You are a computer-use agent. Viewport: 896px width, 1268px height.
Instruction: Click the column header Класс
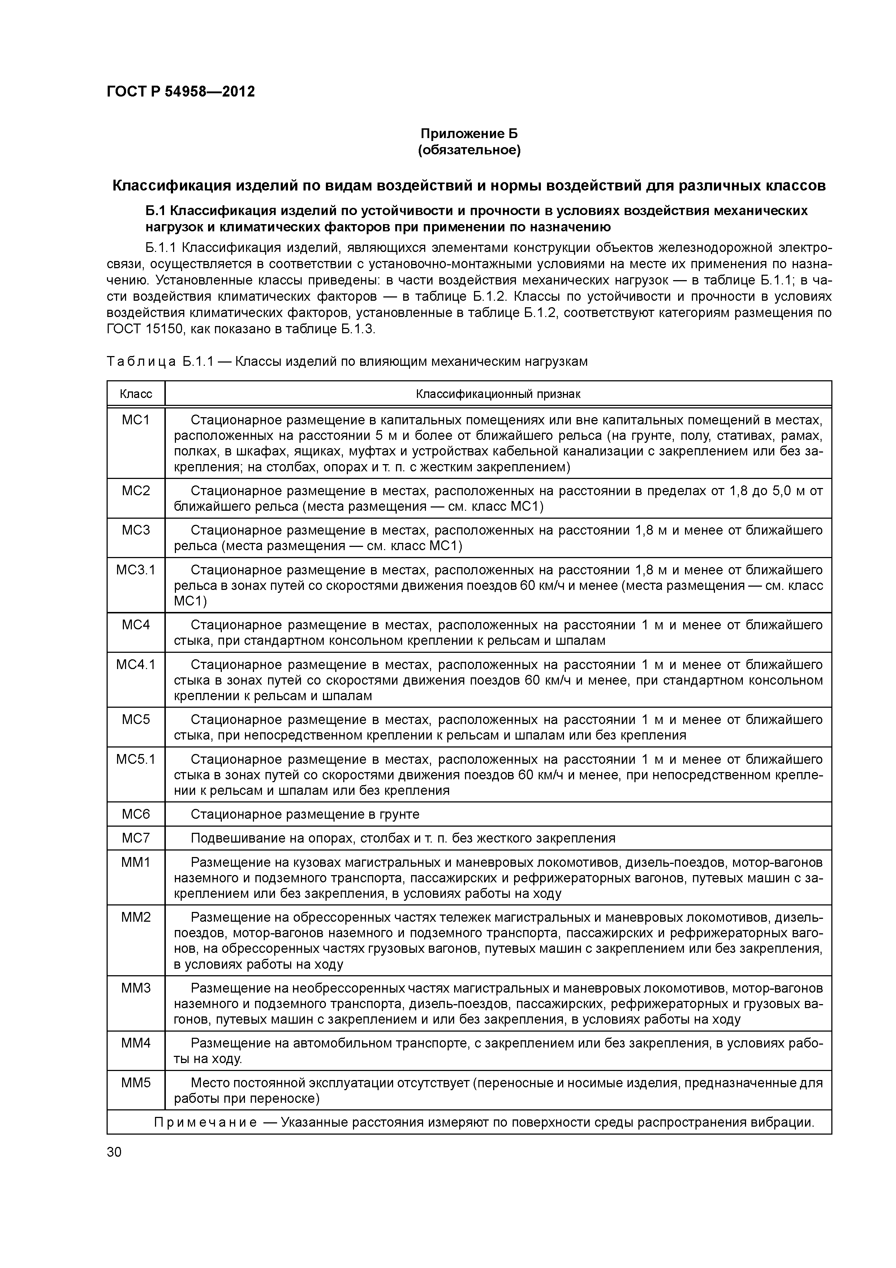[x=136, y=394]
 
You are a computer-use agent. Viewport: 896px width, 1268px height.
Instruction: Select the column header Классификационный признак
[x=497, y=394]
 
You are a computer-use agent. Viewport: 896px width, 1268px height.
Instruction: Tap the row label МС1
[x=136, y=420]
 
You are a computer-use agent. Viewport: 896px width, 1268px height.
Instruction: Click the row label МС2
[x=136, y=491]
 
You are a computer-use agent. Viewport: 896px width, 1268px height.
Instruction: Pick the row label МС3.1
[x=136, y=569]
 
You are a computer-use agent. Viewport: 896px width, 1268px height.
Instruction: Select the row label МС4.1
[x=136, y=664]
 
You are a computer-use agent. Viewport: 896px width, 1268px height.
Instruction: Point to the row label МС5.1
[x=136, y=759]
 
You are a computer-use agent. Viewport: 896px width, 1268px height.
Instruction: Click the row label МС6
[x=136, y=814]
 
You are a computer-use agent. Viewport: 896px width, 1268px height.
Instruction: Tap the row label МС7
[x=136, y=838]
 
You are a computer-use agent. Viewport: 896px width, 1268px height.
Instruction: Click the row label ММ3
[x=136, y=988]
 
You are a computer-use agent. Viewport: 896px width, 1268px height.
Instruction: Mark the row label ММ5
[x=136, y=1083]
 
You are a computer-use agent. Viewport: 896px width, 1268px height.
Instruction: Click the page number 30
[x=114, y=1152]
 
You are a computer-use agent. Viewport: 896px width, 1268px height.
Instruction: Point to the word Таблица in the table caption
[x=141, y=362]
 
